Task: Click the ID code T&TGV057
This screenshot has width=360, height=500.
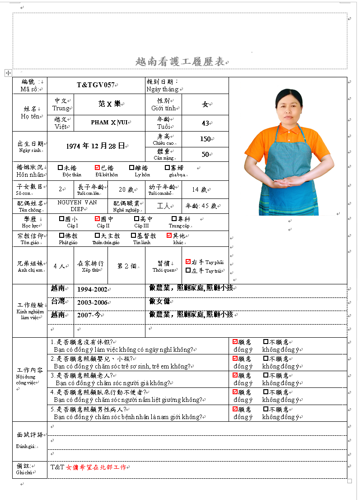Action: point(95,85)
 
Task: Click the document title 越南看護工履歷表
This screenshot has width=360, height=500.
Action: point(180,62)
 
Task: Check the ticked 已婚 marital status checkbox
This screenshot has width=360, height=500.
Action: point(97,168)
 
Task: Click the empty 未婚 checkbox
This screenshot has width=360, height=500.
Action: point(61,168)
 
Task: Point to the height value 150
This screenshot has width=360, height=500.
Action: point(205,139)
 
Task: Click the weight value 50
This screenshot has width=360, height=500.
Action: point(205,155)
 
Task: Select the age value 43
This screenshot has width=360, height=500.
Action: point(205,123)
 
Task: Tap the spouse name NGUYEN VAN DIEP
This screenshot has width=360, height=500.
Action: point(77,206)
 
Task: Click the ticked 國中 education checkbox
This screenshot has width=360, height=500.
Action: point(97,219)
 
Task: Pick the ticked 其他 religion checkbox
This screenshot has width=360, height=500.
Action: point(169,236)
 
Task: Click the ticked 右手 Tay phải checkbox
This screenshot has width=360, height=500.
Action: point(188,262)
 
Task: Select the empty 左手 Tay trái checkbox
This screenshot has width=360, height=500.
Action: point(188,270)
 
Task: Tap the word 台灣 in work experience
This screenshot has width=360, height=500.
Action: point(58,302)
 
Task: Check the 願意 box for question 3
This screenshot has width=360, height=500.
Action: point(235,375)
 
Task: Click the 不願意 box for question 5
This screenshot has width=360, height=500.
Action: point(266,409)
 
